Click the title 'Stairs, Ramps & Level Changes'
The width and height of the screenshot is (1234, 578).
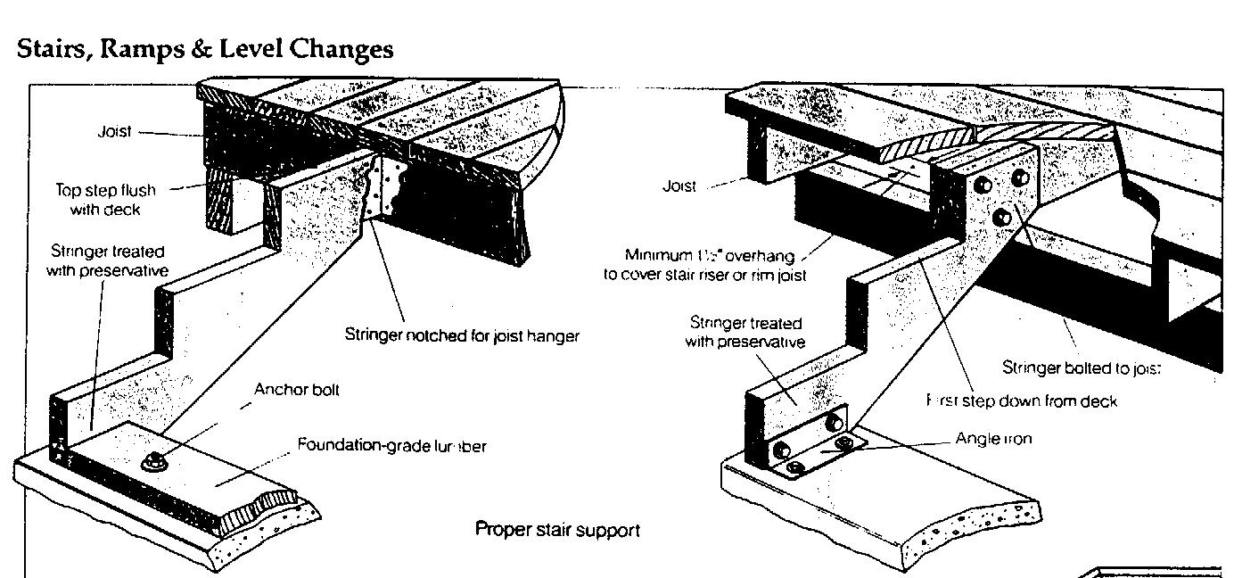click(205, 48)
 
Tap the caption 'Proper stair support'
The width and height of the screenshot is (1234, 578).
click(557, 530)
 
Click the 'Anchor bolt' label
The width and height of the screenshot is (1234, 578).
click(297, 390)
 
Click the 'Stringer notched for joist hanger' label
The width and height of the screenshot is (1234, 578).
click(462, 335)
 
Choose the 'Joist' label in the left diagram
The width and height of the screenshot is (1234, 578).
click(114, 131)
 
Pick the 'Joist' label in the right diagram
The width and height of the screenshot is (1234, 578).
click(679, 186)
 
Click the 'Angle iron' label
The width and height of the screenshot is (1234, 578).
click(993, 439)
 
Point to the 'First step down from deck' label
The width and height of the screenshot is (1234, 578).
click(1022, 401)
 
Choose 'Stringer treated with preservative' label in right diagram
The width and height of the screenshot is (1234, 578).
click(745, 332)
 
